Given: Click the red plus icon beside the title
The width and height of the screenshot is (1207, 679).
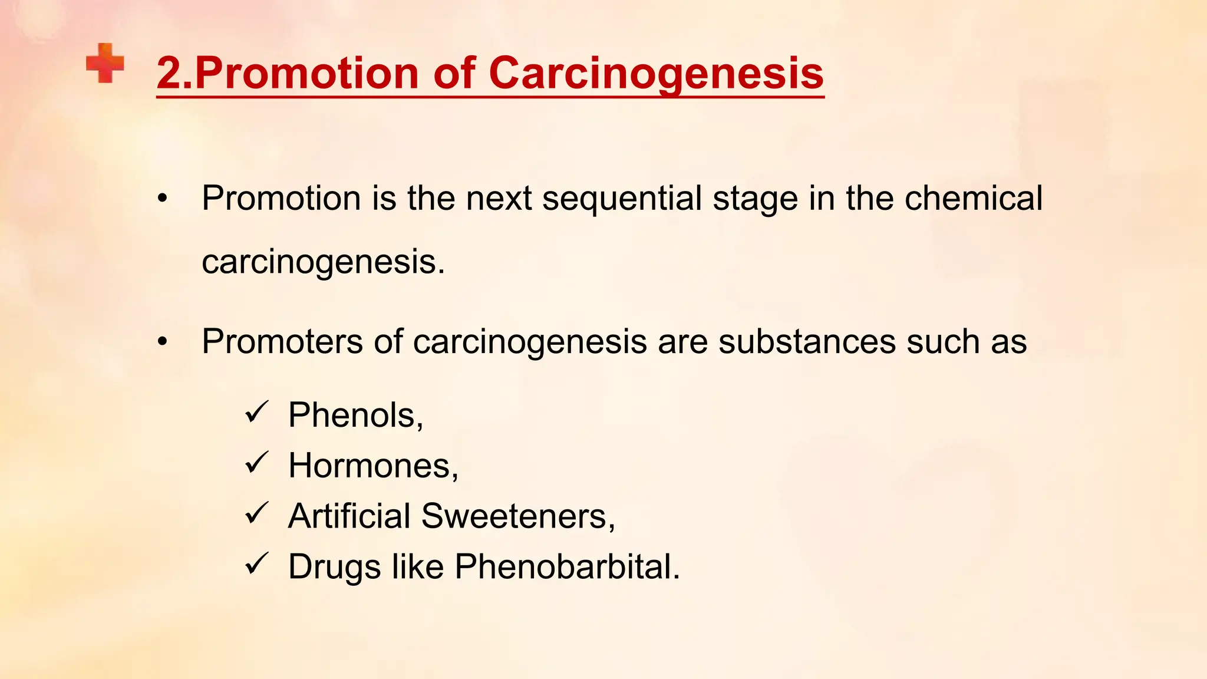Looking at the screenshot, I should [x=105, y=63].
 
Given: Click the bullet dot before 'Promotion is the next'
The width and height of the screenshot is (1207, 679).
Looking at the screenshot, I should [x=163, y=199].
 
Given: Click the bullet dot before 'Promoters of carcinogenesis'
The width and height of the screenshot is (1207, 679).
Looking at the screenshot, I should [x=163, y=342].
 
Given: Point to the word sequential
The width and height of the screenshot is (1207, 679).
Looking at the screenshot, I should [x=622, y=199].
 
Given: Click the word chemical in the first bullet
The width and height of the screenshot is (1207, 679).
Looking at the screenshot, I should [x=973, y=198].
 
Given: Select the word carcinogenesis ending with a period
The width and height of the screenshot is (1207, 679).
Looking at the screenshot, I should [x=323, y=262].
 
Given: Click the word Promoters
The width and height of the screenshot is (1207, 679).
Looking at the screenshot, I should [x=282, y=341].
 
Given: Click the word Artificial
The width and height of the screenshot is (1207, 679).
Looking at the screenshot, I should [x=349, y=516].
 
